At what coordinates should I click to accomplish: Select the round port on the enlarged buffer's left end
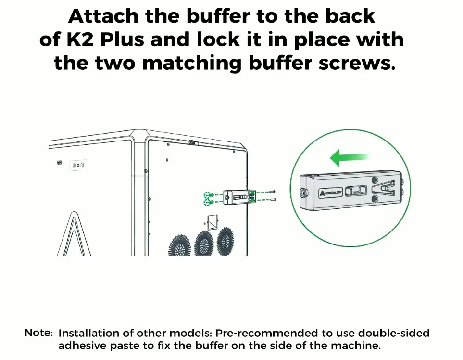(303, 193)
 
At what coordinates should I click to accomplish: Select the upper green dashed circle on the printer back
(207, 195)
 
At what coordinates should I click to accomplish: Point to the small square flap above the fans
(211, 222)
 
